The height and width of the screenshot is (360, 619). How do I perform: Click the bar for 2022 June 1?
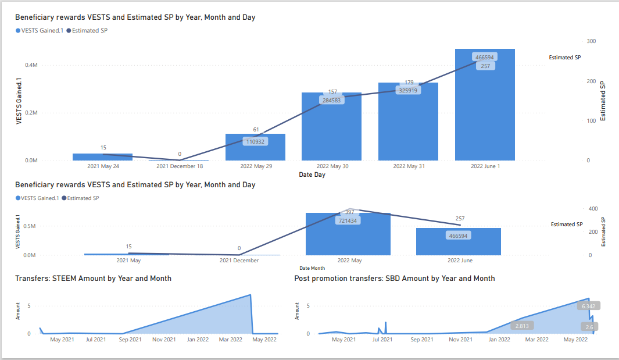pos(485,111)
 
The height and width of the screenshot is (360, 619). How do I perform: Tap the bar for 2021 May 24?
pos(102,157)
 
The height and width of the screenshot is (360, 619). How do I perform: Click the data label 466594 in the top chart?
pos(484,58)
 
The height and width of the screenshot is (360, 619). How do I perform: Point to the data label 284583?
pos(331,100)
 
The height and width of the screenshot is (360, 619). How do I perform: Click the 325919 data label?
pos(408,90)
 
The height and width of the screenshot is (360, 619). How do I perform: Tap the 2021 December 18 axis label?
pos(180,166)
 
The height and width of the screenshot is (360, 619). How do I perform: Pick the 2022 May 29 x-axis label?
pos(256,166)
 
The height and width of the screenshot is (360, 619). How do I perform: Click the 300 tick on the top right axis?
pos(591,41)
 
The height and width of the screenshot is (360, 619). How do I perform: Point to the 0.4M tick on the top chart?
pos(31,65)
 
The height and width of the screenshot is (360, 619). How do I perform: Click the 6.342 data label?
pos(588,305)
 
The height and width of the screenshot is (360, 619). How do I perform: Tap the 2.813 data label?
pos(521,326)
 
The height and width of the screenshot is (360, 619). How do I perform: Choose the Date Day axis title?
pos(312,174)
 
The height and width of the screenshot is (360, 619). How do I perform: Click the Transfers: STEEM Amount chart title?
pos(93,279)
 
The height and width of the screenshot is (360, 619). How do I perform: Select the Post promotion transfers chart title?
pos(395,279)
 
